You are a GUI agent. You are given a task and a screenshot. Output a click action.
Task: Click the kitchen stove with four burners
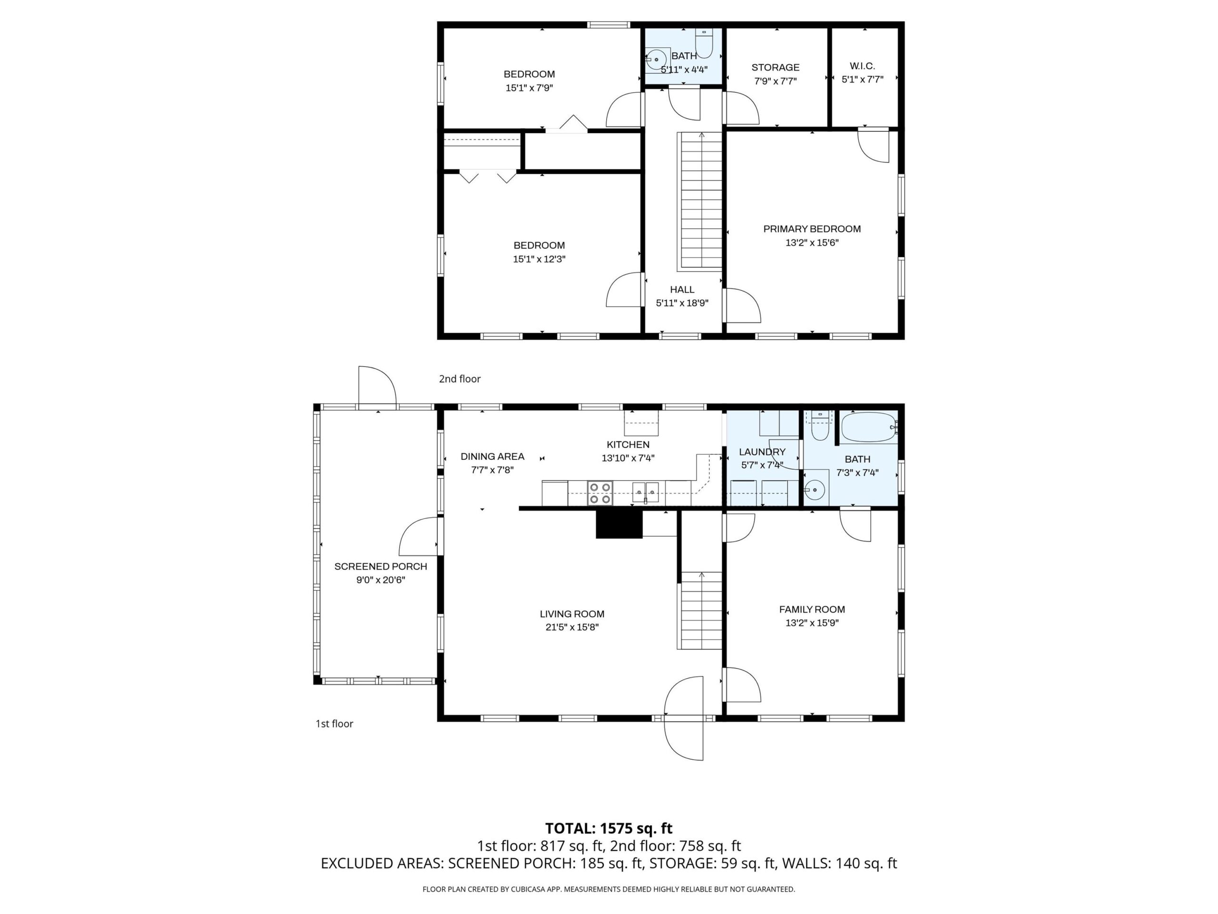pyautogui.click(x=600, y=493)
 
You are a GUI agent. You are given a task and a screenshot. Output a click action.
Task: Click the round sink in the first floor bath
pyautogui.click(x=815, y=488)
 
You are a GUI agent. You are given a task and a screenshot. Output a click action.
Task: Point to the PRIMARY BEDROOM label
pyautogui.click(x=812, y=228)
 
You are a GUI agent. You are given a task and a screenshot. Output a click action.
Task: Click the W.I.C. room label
pyautogui.click(x=862, y=66)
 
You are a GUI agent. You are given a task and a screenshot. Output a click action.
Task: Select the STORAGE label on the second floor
pyautogui.click(x=776, y=67)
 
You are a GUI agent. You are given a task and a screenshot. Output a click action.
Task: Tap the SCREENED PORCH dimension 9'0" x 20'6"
pyautogui.click(x=381, y=580)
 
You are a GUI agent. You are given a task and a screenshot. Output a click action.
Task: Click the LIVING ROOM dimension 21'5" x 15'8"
pyautogui.click(x=572, y=627)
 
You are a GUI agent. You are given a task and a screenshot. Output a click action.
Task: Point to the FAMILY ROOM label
pyautogui.click(x=812, y=609)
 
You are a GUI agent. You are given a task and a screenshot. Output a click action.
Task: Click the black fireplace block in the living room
pyautogui.click(x=619, y=523)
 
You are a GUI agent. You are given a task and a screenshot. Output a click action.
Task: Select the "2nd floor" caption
pyautogui.click(x=459, y=379)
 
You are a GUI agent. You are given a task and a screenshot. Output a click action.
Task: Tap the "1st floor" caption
pyautogui.click(x=334, y=724)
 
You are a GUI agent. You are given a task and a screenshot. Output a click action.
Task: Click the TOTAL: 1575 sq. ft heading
pyautogui.click(x=609, y=828)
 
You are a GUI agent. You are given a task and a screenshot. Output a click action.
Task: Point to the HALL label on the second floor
pyautogui.click(x=682, y=289)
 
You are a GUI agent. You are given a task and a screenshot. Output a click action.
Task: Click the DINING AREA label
pyautogui.click(x=492, y=456)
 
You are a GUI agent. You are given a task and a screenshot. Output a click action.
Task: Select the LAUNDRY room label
pyautogui.click(x=762, y=452)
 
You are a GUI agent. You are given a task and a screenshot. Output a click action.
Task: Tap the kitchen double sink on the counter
pyautogui.click(x=645, y=492)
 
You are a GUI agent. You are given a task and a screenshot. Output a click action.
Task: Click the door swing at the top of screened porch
pyautogui.click(x=377, y=385)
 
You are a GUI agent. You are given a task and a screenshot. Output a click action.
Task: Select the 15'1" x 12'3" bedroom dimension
pyautogui.click(x=539, y=259)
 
